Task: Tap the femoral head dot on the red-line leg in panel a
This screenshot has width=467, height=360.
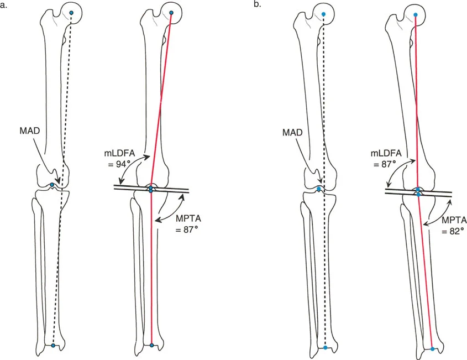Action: (171, 13)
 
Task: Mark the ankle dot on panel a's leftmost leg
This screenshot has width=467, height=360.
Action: (53, 345)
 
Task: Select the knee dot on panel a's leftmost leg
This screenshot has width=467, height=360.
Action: (53, 184)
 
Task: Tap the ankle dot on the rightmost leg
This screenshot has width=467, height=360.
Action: (433, 349)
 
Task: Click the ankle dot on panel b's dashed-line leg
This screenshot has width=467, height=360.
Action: (326, 347)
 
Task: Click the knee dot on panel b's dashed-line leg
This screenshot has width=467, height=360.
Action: (319, 189)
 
